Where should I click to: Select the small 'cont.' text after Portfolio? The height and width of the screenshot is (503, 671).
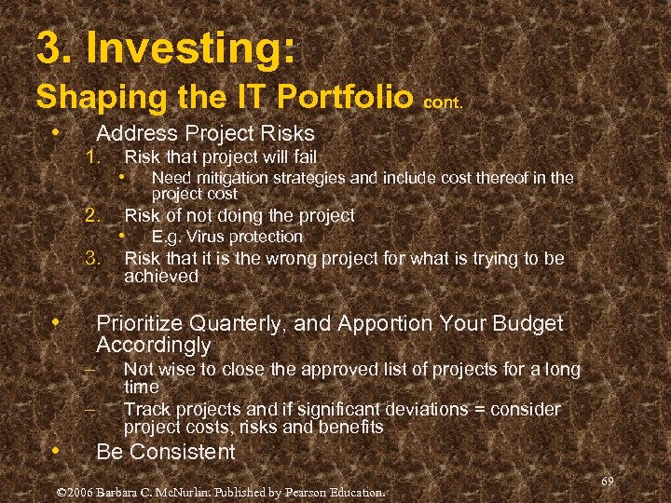(444, 104)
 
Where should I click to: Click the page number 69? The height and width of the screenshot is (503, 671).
(607, 481)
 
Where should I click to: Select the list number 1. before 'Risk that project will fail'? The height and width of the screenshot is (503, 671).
(91, 156)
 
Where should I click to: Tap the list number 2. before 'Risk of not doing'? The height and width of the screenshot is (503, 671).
(91, 215)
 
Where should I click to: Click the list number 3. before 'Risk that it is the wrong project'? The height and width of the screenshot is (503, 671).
(91, 257)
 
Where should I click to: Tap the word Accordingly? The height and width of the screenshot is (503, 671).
(154, 346)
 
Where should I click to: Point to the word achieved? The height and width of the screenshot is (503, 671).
(161, 277)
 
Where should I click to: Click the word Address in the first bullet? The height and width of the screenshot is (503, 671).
(134, 133)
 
